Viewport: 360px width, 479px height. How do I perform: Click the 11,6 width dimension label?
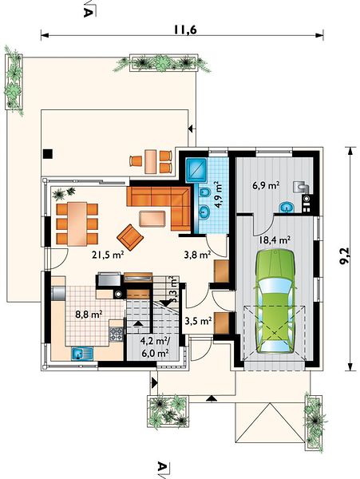pyautogui.click(x=185, y=30)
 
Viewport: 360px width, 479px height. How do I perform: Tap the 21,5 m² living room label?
pyautogui.click(x=108, y=255)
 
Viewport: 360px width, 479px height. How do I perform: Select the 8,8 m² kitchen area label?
pyautogui.click(x=89, y=314)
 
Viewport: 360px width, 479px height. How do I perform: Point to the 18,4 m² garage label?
pyautogui.click(x=275, y=239)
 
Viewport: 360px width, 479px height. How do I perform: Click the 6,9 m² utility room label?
pyautogui.click(x=267, y=185)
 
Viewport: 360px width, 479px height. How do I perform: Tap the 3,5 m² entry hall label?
pyautogui.click(x=199, y=321)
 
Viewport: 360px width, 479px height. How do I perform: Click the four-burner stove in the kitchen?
pyautogui.click(x=116, y=334)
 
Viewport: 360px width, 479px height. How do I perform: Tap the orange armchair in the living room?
pyautogui.click(x=130, y=237)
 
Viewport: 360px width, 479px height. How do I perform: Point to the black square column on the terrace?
pyautogui.click(x=48, y=153)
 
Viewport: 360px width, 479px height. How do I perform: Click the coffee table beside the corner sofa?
pyautogui.click(x=152, y=219)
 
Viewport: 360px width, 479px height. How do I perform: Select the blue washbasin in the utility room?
pyautogui.click(x=287, y=207)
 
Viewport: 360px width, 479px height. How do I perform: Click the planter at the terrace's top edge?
pyautogui.click(x=164, y=63)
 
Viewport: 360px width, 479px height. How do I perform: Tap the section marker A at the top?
pyautogui.click(x=88, y=12)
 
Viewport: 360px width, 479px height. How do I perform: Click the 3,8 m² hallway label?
pyautogui.click(x=197, y=254)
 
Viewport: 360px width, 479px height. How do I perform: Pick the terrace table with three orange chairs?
pyautogui.click(x=151, y=161)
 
